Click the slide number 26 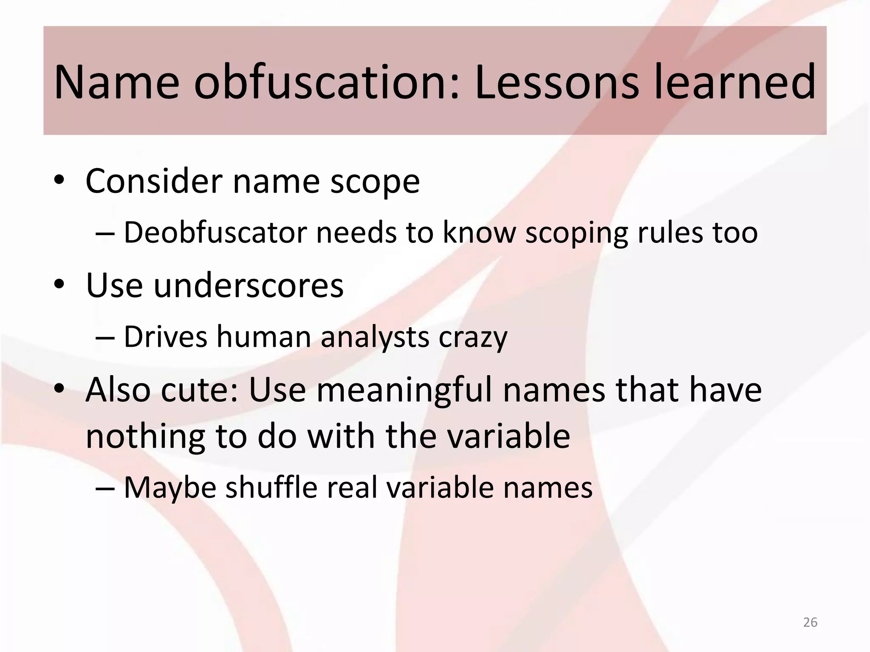click(810, 622)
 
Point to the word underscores click(249, 285)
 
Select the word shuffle click(271, 487)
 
